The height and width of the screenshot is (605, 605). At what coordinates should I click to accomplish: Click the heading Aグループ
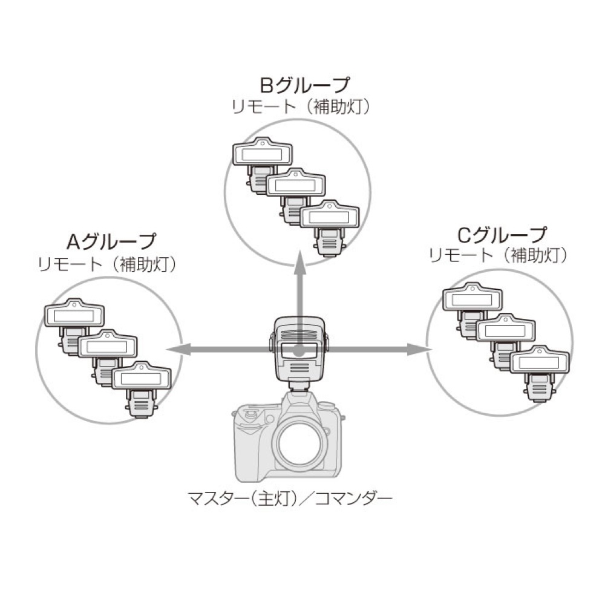(x=110, y=242)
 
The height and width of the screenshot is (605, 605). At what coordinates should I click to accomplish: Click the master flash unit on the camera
(x=298, y=351)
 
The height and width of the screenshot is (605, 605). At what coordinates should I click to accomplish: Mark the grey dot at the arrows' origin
(x=298, y=350)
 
